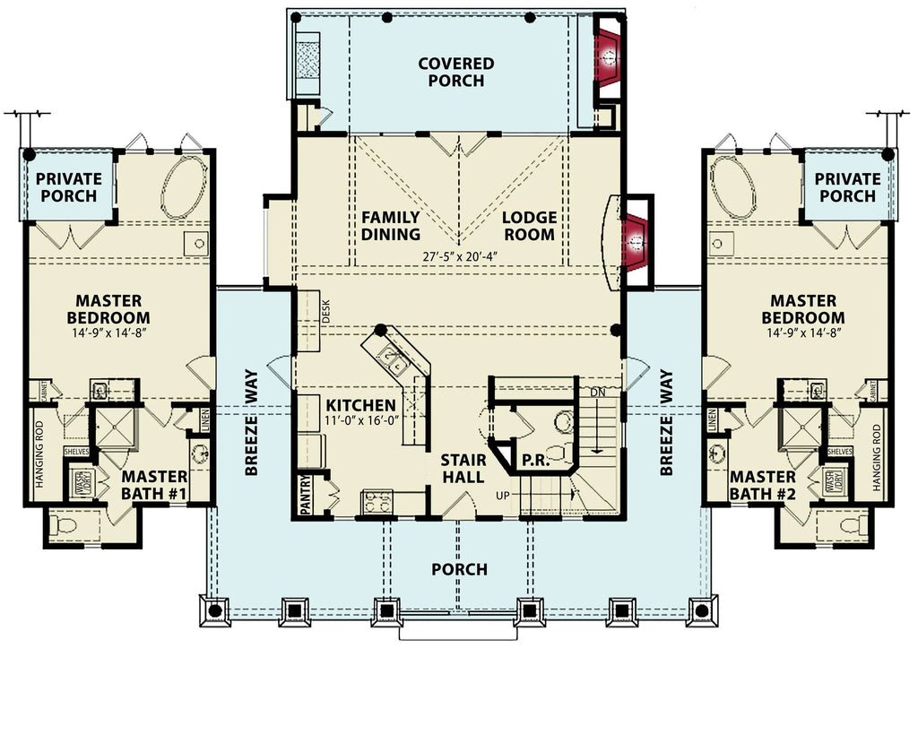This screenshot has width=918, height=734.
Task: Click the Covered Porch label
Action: coord(455,72)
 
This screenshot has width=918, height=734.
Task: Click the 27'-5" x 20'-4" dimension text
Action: coord(460,256)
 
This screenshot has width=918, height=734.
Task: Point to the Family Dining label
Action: coord(391,226)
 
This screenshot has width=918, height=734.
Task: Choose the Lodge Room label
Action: coord(528,226)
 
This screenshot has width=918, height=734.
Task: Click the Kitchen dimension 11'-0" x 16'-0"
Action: coord(360,421)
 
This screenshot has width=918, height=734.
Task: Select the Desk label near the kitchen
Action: coord(326,311)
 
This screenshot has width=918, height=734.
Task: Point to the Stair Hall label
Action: coord(463,469)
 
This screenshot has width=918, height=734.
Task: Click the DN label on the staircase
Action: coord(598,393)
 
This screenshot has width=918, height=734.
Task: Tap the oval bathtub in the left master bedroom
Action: coord(184,186)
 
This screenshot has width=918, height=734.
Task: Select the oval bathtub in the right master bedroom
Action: coord(733,186)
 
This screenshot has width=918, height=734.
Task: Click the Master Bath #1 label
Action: coord(154,484)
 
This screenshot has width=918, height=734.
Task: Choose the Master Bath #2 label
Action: coord(762,484)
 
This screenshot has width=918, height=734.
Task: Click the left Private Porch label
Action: coord(69,187)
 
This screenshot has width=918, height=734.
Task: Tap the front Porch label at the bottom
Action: coord(459,569)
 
